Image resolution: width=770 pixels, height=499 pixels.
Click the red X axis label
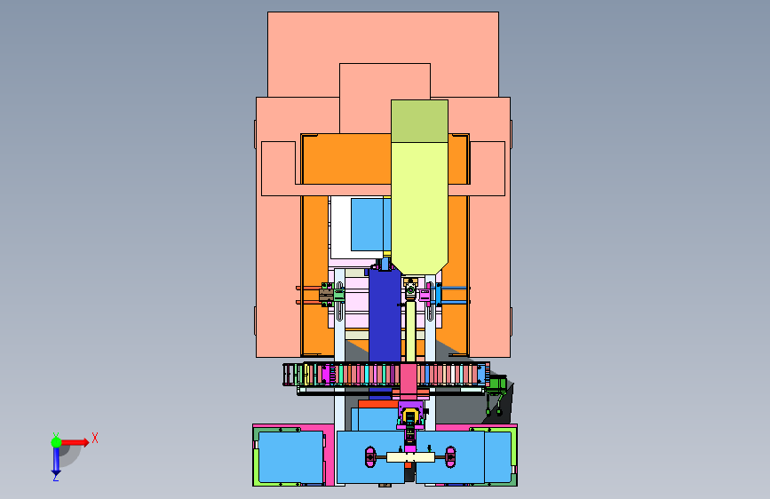click(95, 438)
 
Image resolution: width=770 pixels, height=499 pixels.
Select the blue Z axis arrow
click(56, 460)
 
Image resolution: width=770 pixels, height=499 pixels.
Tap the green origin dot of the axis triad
click(57, 442)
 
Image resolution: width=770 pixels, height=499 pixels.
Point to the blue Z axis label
click(56, 477)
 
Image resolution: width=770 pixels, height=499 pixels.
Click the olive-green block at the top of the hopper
click(419, 122)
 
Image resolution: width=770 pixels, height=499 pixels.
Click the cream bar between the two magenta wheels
click(410, 457)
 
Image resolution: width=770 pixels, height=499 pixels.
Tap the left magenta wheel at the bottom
click(370, 457)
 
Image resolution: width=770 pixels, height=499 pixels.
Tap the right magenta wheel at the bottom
click(450, 457)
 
